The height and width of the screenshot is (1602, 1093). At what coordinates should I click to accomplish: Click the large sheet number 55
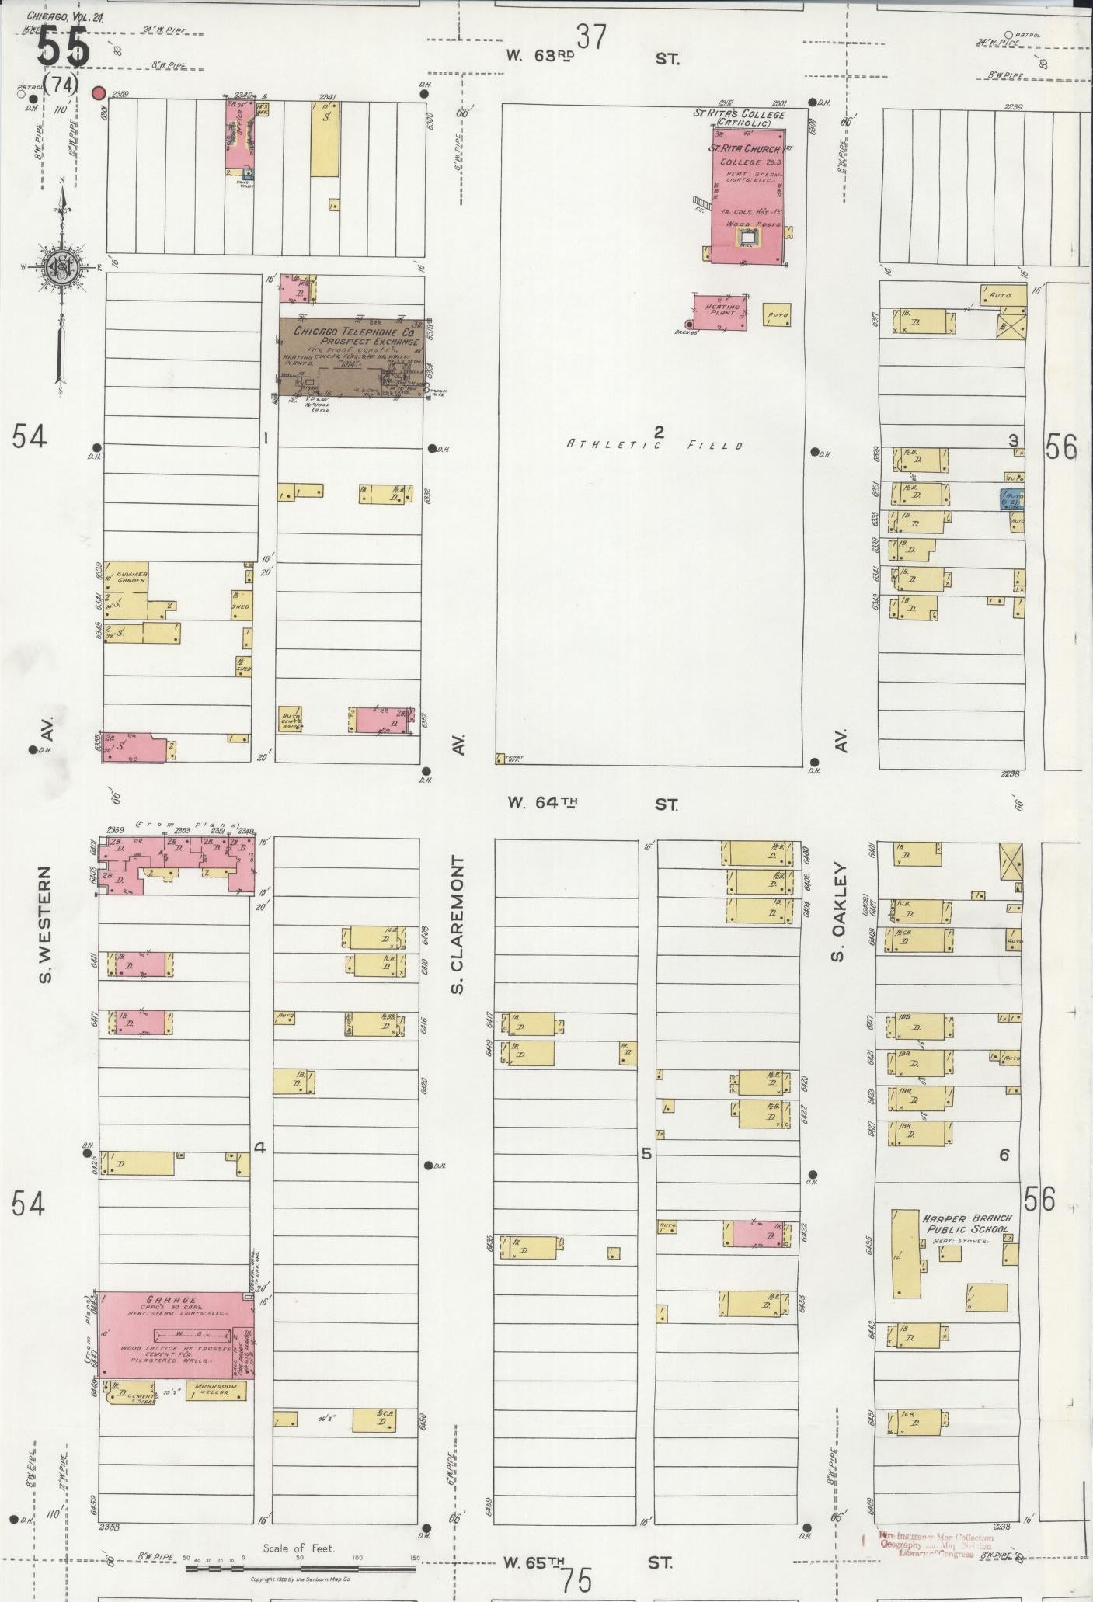[64, 48]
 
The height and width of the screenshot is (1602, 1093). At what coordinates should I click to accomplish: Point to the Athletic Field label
[654, 445]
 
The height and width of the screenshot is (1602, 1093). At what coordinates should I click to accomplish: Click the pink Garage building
[176, 1335]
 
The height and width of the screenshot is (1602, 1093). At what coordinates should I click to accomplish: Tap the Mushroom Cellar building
[221, 1391]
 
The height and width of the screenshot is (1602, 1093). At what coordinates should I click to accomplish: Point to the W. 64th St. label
[591, 804]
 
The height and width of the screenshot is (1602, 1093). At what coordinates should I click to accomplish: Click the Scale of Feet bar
[299, 1525]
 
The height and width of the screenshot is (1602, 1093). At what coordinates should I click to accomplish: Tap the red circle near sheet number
[99, 93]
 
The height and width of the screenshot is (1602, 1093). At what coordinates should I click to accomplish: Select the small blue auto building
[1011, 499]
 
